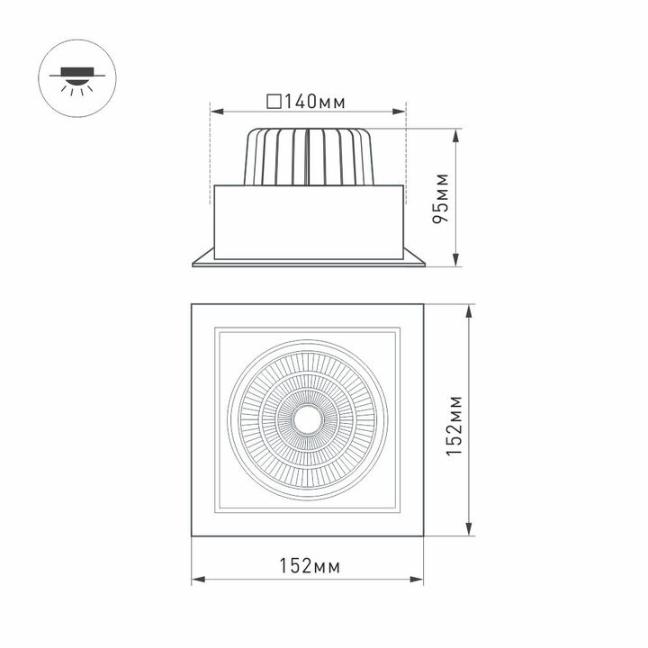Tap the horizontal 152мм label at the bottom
point(309,566)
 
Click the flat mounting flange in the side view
point(308,260)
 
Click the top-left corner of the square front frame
point(192,306)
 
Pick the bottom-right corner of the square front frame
point(426,537)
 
